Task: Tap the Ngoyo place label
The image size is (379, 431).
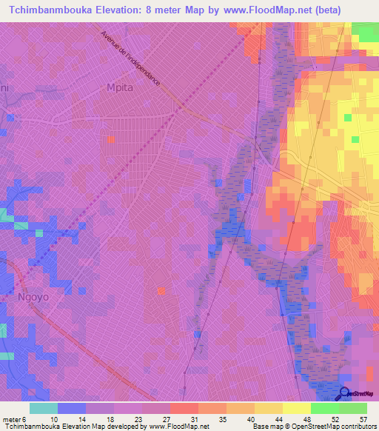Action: tap(30, 297)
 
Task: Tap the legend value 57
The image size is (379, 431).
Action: tap(362, 418)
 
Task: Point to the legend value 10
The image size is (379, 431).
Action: tap(54, 418)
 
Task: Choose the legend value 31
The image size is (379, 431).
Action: tap(194, 418)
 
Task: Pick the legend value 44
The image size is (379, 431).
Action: tap(278, 418)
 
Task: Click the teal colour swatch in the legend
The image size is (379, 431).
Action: tap(43, 408)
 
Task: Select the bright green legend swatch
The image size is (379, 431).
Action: tap(324, 408)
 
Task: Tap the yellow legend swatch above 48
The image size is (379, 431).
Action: tap(296, 408)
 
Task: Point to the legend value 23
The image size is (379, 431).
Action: tap(138, 418)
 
